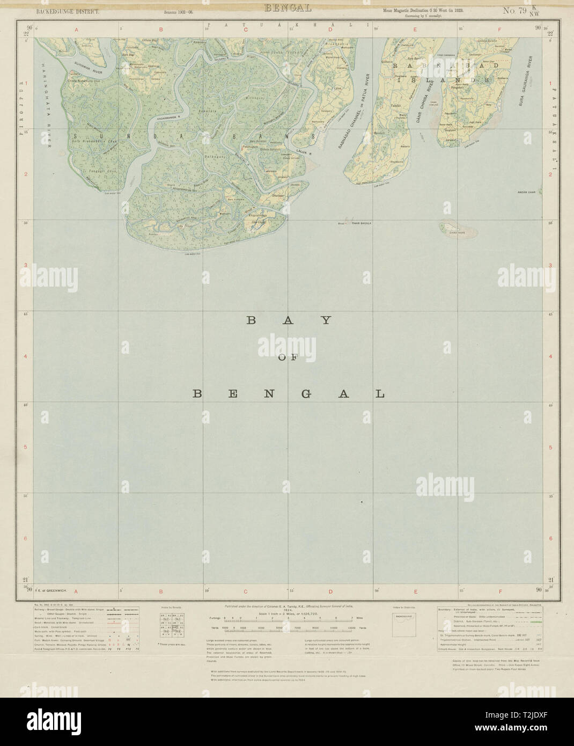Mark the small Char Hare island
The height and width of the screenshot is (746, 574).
[x=452, y=230]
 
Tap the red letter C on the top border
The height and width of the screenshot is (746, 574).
[x=246, y=30]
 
